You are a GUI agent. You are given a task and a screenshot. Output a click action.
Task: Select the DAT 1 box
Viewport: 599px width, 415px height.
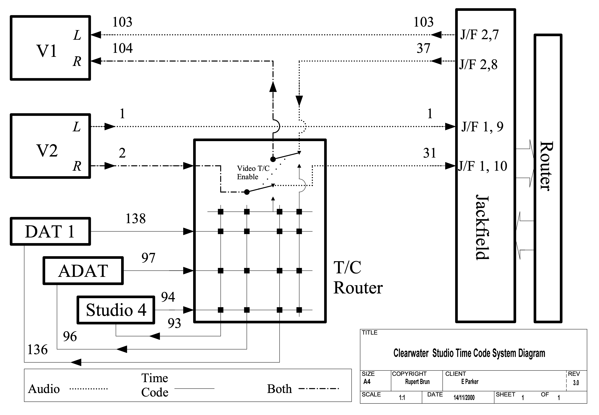[50, 231]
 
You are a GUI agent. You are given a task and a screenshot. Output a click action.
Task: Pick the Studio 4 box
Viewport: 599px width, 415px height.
[116, 310]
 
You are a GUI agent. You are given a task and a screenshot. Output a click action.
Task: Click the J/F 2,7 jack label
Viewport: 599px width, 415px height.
[479, 35]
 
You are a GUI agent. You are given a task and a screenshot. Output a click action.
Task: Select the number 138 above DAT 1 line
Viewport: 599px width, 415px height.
[135, 219]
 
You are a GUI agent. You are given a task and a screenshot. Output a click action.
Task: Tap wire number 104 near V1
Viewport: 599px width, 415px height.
[122, 48]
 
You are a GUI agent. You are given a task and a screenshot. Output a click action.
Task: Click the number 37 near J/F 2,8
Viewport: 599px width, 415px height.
[423, 48]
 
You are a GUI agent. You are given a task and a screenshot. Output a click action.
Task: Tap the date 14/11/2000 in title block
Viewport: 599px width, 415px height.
[464, 398]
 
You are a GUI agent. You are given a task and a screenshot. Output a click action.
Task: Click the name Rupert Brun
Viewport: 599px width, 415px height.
[417, 382]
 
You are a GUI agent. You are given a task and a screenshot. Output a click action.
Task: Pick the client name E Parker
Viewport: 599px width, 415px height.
[470, 382]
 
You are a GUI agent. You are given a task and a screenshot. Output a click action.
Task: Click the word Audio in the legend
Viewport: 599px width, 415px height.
[44, 389]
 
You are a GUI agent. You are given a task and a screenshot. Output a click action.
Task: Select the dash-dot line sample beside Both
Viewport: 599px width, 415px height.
[319, 389]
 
